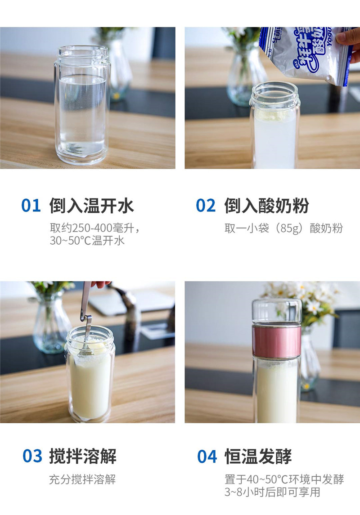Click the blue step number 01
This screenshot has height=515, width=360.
click(31, 206)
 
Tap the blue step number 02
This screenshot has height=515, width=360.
click(206, 206)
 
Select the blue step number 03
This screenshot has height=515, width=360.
click(32, 456)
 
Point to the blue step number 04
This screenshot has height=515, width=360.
click(207, 456)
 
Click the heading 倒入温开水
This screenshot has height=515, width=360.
click(92, 206)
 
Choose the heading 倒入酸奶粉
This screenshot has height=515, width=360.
click(267, 206)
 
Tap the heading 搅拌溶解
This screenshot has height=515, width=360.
click(83, 456)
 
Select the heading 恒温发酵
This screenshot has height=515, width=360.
click(258, 456)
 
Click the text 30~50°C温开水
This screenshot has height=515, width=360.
click(87, 241)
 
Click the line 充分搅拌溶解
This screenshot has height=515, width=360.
click(82, 479)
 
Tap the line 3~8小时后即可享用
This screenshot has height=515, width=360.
click(272, 492)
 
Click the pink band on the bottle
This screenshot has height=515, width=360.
click(277, 342)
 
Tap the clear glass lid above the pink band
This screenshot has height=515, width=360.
click(277, 312)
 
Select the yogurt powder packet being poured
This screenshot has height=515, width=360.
click(306, 54)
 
